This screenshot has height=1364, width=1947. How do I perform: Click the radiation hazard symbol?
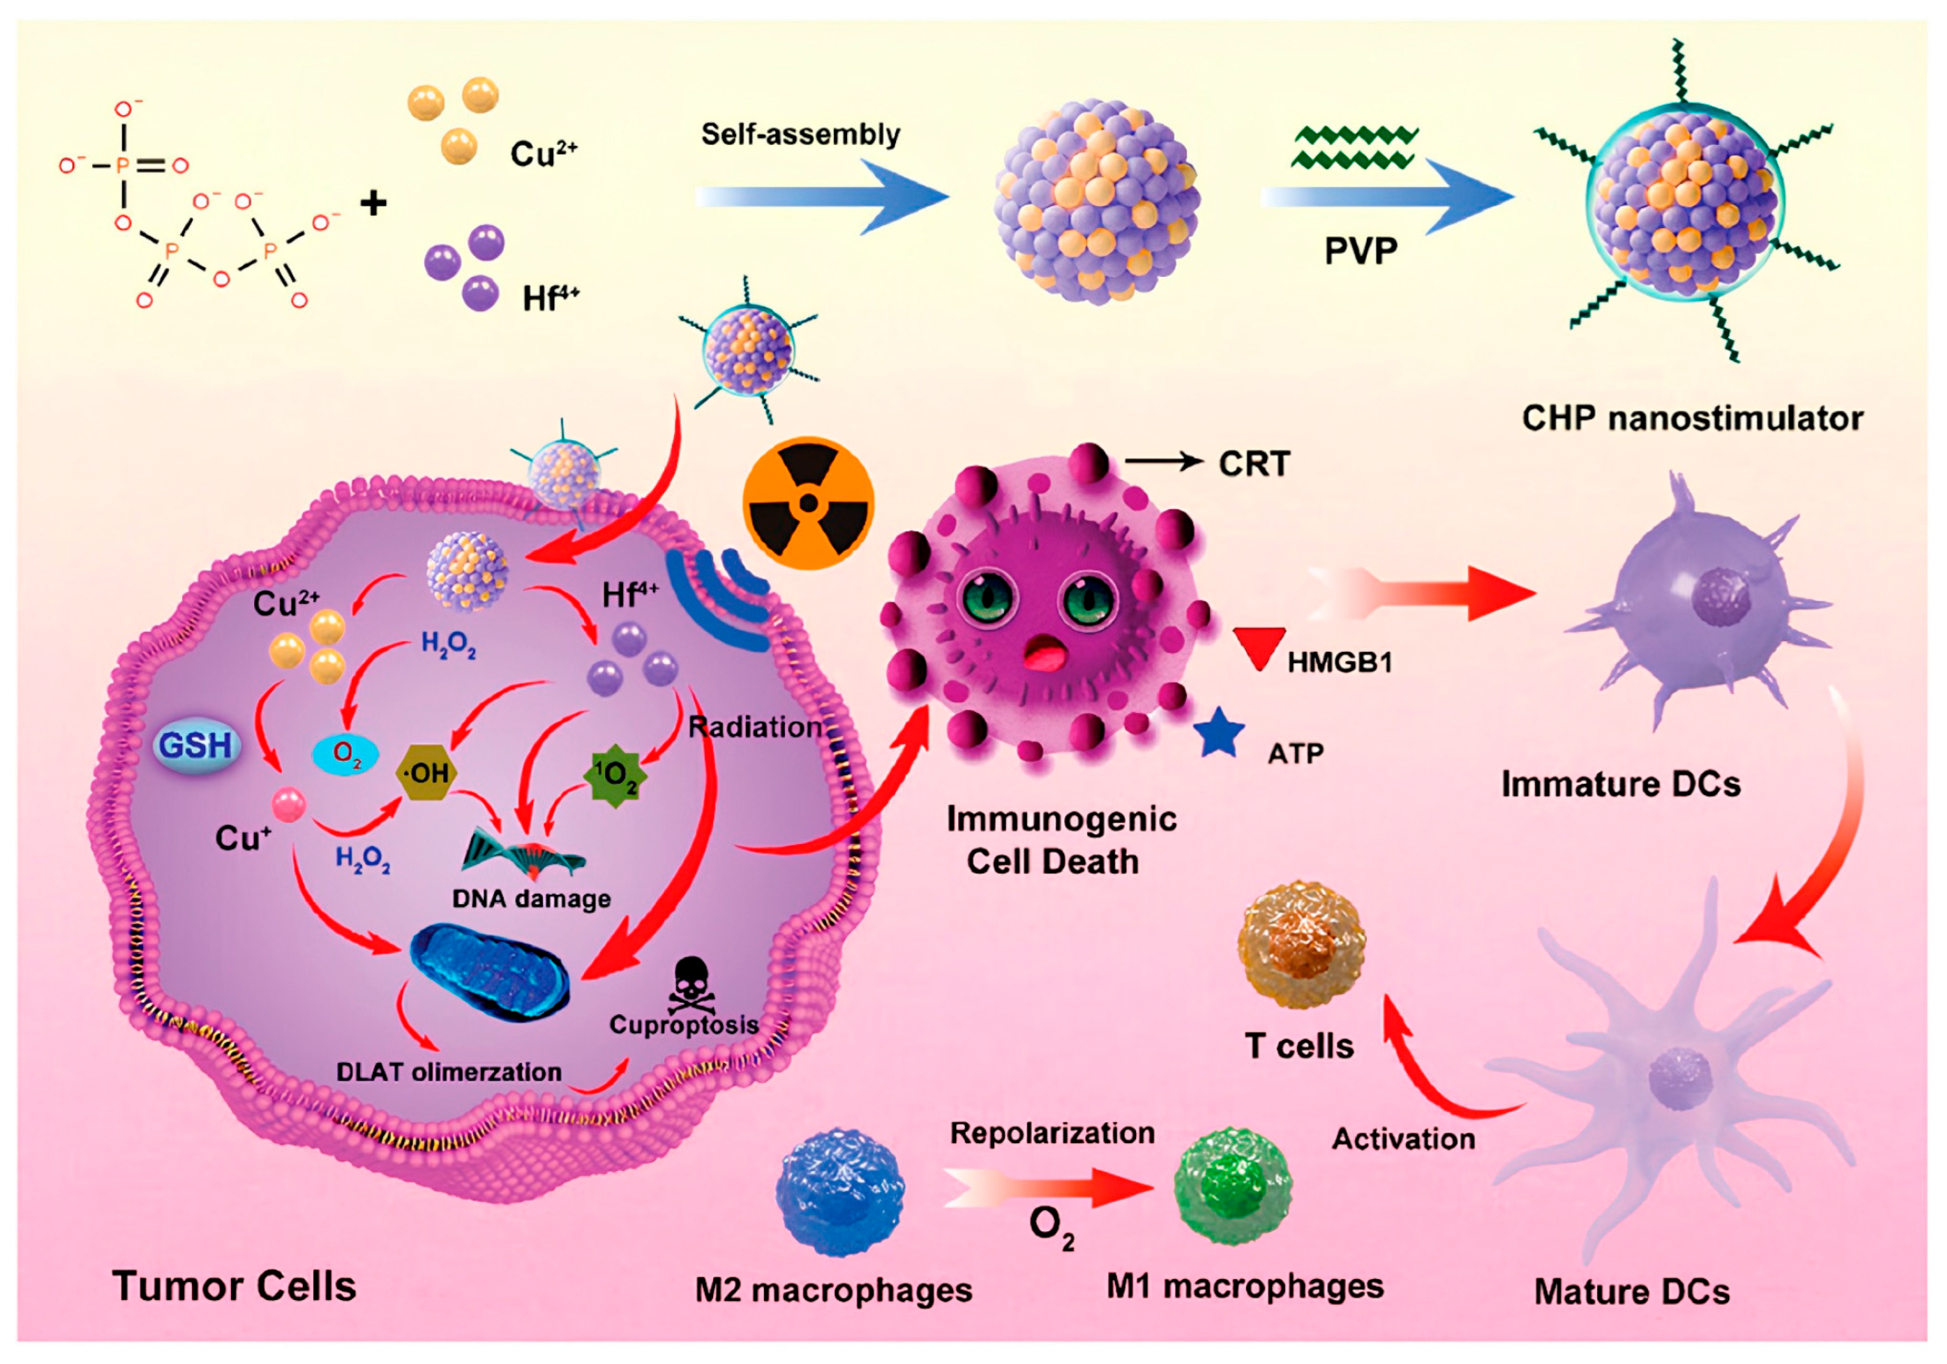pyautogui.click(x=808, y=503)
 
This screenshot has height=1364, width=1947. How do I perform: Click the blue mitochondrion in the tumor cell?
pyautogui.click(x=490, y=972)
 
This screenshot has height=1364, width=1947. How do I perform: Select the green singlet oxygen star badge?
pyautogui.click(x=615, y=774)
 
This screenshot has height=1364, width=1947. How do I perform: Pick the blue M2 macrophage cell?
pyautogui.click(x=840, y=1191)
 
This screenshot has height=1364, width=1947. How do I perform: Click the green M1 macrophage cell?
pyautogui.click(x=1232, y=1185)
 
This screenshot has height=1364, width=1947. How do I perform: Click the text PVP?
pyautogui.click(x=1361, y=251)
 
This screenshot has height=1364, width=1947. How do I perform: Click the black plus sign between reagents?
pyautogui.click(x=373, y=203)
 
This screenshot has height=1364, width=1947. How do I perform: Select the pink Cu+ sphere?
pyautogui.click(x=288, y=804)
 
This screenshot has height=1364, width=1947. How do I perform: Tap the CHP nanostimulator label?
pyautogui.click(x=1692, y=418)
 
